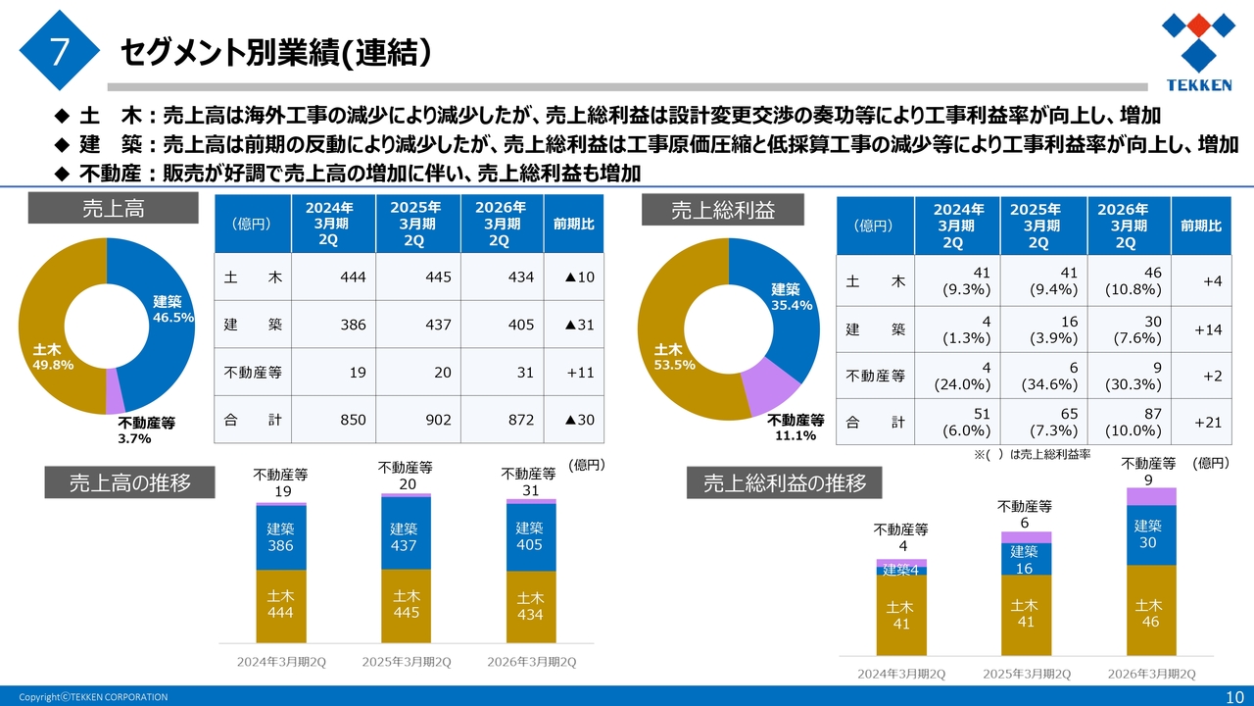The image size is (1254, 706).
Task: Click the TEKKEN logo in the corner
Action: pyautogui.click(x=1198, y=51)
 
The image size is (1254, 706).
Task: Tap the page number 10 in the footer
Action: pyautogui.click(x=1234, y=696)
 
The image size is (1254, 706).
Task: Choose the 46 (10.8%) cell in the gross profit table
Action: pyautogui.click(x=1129, y=281)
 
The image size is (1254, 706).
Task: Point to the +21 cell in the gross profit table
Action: pyautogui.click(x=1208, y=423)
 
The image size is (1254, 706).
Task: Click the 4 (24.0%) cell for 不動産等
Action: pyautogui.click(x=957, y=376)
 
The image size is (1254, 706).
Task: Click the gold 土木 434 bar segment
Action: pyautogui.click(x=531, y=606)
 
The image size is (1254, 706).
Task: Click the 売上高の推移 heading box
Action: pyautogui.click(x=129, y=482)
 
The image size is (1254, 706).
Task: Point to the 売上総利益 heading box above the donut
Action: pyautogui.click(x=722, y=210)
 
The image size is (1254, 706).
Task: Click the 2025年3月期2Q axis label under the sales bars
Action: pyautogui.click(x=407, y=662)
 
